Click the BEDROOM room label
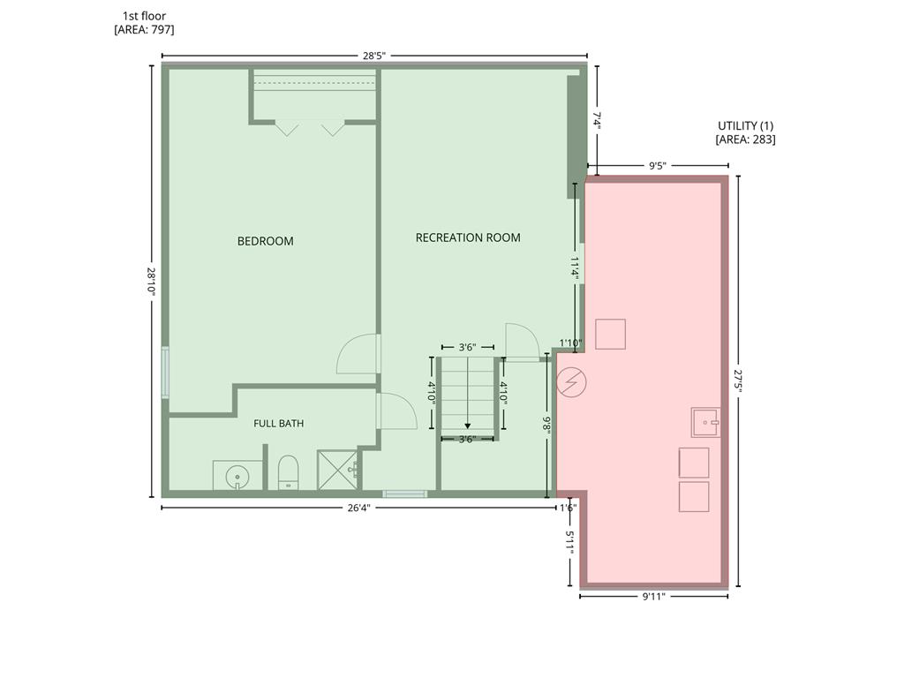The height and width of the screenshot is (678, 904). coord(265,241)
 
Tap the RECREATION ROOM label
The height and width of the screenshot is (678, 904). coord(468,237)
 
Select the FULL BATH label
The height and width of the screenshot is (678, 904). coord(278,423)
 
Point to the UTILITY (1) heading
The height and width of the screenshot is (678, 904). coord(745,125)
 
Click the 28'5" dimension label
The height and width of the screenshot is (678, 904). coord(373,56)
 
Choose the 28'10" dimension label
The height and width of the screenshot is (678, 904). coord(152,282)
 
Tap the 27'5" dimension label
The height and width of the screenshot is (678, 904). coord(739,381)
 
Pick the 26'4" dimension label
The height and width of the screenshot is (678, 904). coord(358,508)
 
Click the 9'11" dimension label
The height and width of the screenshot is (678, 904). coord(654,596)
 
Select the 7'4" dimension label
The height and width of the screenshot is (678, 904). coord(598,121)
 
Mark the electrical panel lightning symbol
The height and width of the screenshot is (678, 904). coord(571,382)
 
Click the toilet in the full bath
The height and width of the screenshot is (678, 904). coord(288,473)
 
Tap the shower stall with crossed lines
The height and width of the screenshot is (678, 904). coord(337,471)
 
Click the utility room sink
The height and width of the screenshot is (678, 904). coord(705,423)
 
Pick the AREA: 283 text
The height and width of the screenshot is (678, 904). coord(745,139)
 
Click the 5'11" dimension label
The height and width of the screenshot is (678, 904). coord(570,543)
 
